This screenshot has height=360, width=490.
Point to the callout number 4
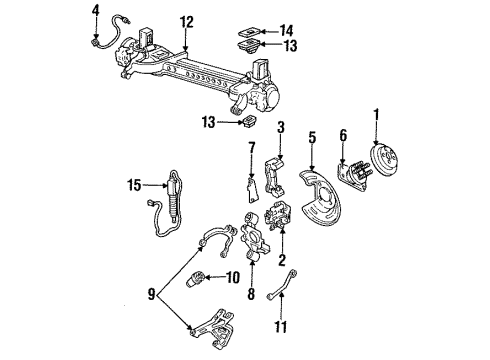96,11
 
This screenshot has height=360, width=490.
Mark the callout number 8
249,296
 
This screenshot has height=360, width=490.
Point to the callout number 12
186,22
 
